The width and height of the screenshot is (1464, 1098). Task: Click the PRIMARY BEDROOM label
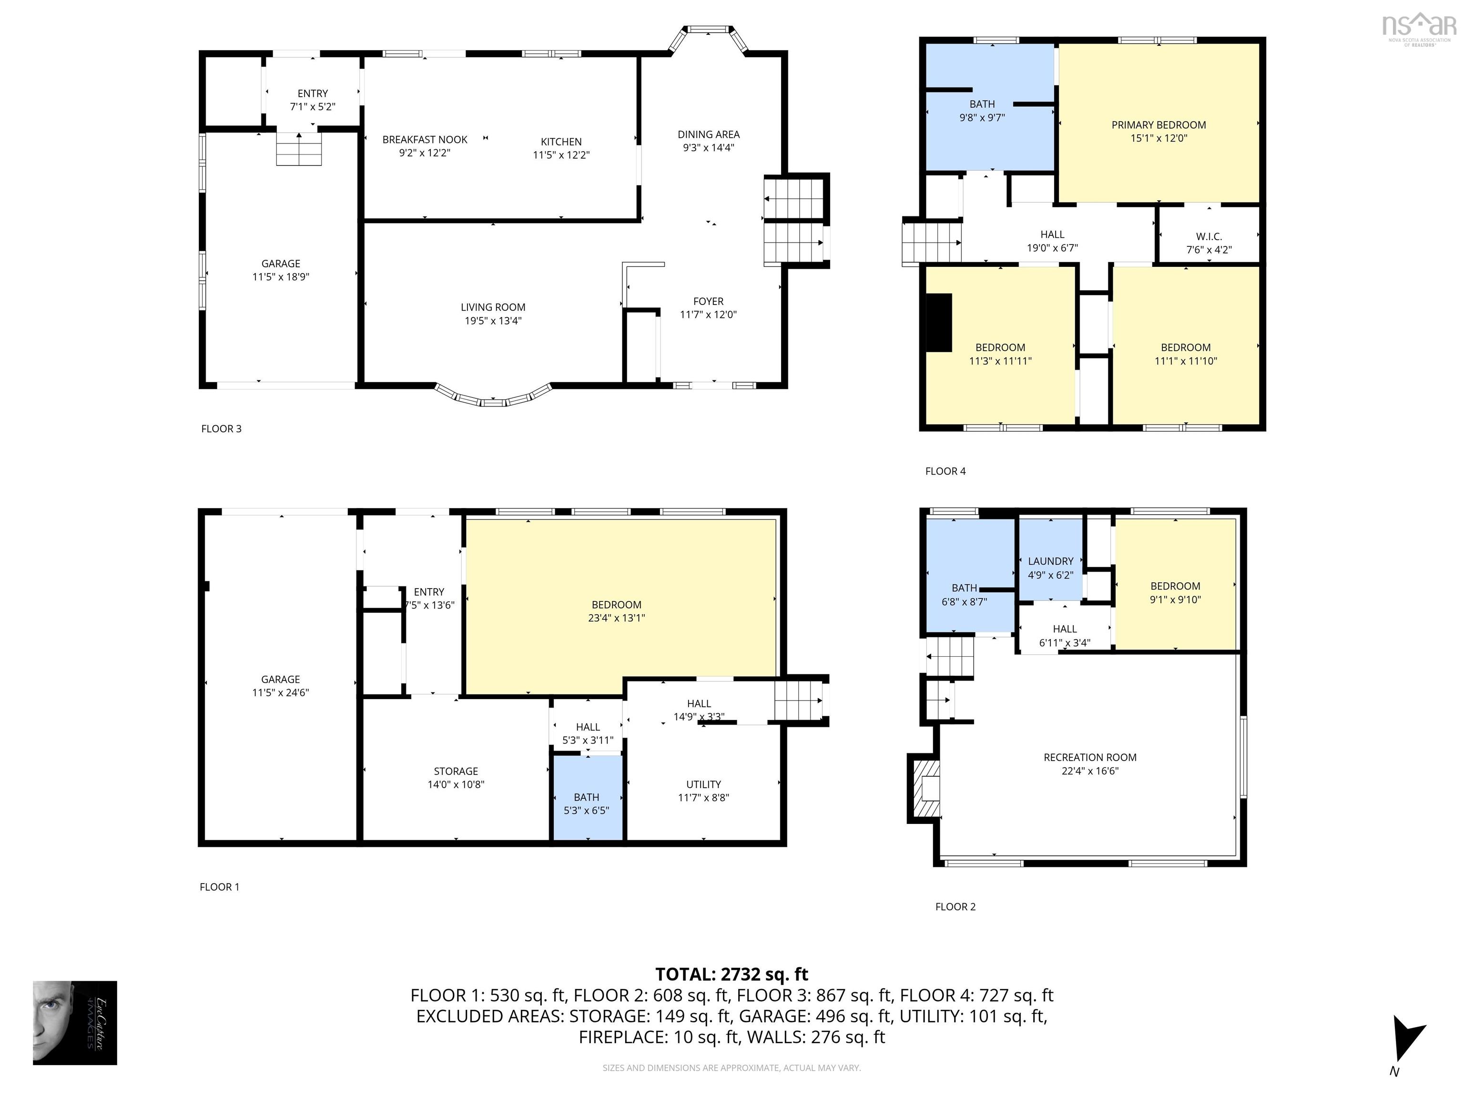coord(1158,125)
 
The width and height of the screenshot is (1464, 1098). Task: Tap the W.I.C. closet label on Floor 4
coord(1209,236)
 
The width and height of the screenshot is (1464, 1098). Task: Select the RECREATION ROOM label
coord(1089,757)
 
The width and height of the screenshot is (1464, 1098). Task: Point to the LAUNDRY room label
coord(1050,561)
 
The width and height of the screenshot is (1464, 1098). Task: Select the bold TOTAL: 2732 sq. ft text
coord(732,974)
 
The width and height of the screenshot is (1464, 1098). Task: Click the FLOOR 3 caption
coord(221,429)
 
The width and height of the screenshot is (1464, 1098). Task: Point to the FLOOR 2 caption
coord(955,907)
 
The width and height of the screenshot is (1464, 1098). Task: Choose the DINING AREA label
coord(708,134)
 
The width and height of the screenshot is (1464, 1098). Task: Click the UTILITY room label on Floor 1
coord(703,784)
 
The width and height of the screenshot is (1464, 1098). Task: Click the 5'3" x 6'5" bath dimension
coord(586,810)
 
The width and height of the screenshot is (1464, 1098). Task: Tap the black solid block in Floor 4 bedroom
coord(938,322)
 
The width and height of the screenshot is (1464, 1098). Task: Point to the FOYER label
coord(708,301)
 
